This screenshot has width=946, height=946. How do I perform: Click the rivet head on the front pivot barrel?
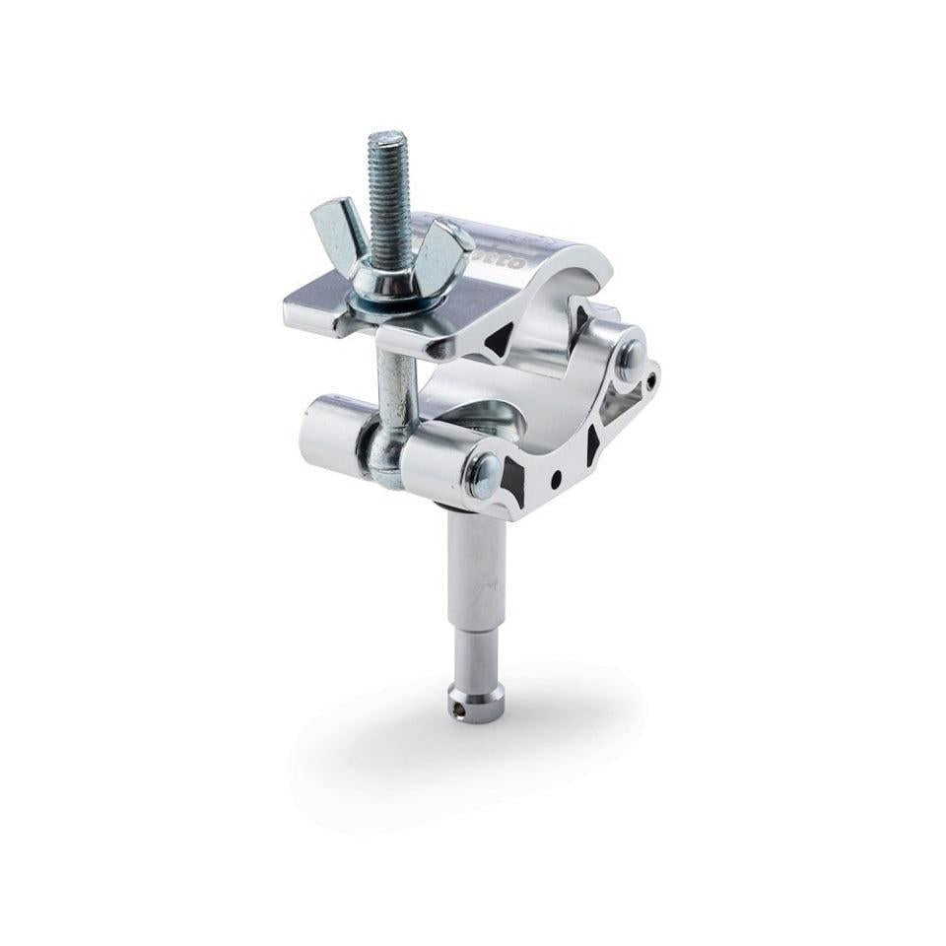click(x=485, y=478)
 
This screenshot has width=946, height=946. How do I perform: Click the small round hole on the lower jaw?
click(x=556, y=480)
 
